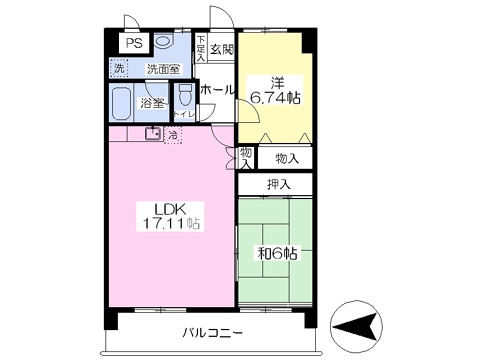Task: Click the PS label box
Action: click(x=132, y=45)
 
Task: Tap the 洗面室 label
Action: click(x=163, y=70)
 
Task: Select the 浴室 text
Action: click(x=152, y=102)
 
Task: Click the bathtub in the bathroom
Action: click(x=121, y=103)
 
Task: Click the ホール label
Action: click(x=216, y=89)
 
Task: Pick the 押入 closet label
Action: click(x=279, y=184)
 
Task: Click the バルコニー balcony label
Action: click(x=213, y=332)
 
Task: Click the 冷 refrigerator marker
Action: click(x=173, y=134)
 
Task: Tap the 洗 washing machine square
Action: click(x=119, y=69)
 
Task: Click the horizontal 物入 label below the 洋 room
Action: click(x=286, y=157)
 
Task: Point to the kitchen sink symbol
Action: click(x=154, y=133)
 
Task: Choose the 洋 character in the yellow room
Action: click(x=271, y=83)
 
